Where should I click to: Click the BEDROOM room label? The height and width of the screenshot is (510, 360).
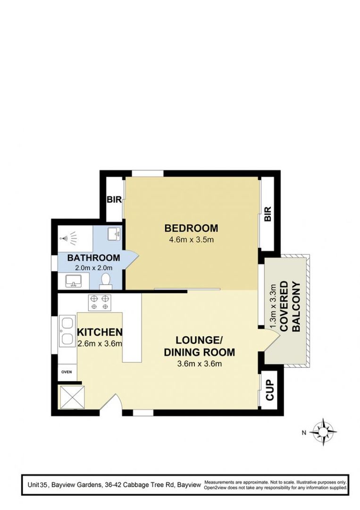click(191, 228)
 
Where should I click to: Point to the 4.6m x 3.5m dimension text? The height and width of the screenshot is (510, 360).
click(192, 240)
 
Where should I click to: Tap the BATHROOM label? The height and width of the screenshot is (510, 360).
click(93, 258)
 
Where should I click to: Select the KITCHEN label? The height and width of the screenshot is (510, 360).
click(100, 332)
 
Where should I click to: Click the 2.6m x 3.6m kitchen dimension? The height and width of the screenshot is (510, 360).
click(100, 343)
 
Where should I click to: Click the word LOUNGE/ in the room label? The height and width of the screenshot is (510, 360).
click(199, 340)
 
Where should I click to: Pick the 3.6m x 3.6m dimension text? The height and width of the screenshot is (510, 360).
click(199, 363)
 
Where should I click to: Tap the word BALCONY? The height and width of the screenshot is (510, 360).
click(296, 307)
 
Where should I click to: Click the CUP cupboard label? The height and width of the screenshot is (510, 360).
click(270, 391)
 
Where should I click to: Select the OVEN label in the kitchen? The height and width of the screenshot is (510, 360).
click(67, 372)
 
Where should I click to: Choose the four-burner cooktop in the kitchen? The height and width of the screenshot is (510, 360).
click(100, 302)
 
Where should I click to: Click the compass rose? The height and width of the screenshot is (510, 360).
click(324, 431)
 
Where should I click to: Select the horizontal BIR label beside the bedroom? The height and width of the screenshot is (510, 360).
click(114, 200)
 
